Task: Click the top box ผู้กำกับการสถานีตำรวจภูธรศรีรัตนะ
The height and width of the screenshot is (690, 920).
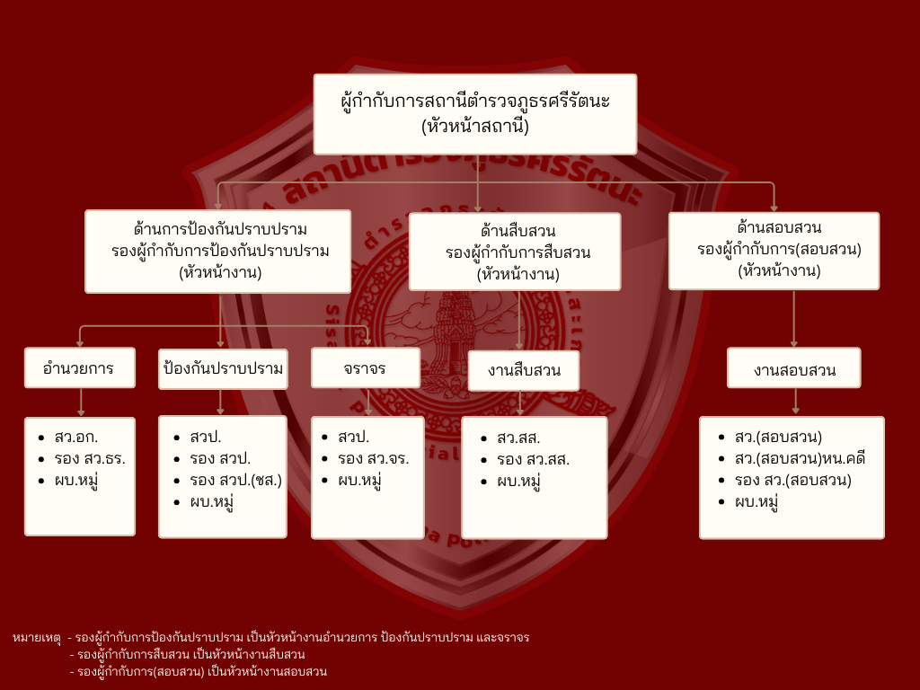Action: [x=475, y=114]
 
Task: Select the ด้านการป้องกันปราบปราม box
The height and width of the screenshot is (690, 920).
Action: [x=218, y=252]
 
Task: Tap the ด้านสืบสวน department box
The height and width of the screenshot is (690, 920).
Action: [x=515, y=252]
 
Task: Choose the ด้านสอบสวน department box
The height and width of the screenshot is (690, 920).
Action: [x=774, y=251]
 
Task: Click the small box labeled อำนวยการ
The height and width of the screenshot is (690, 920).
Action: [x=80, y=367]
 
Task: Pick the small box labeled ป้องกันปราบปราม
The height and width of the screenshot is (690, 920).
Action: [x=223, y=369]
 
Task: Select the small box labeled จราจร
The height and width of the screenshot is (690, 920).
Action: [x=366, y=367]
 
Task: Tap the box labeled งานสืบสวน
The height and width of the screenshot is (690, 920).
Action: [x=524, y=371]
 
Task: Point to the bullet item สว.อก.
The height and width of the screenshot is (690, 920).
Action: [x=76, y=438]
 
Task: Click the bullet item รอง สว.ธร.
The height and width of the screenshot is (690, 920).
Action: [x=90, y=458]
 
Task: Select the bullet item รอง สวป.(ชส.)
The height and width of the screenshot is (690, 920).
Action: [x=236, y=480]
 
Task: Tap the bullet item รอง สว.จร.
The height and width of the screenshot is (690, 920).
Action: [x=373, y=458]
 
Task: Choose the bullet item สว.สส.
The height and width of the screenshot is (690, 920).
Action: [x=518, y=438]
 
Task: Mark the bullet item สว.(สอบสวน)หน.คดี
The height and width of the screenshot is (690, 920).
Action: [x=800, y=458]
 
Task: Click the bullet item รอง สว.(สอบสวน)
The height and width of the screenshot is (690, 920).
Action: [x=792, y=480]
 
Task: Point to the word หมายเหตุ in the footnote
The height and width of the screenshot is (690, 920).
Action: [x=36, y=638]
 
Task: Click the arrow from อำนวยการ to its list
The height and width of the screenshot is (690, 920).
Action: [x=81, y=402]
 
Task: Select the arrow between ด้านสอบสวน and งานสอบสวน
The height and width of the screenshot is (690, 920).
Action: [x=794, y=319]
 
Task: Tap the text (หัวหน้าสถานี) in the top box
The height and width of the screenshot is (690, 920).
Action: [x=475, y=127]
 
